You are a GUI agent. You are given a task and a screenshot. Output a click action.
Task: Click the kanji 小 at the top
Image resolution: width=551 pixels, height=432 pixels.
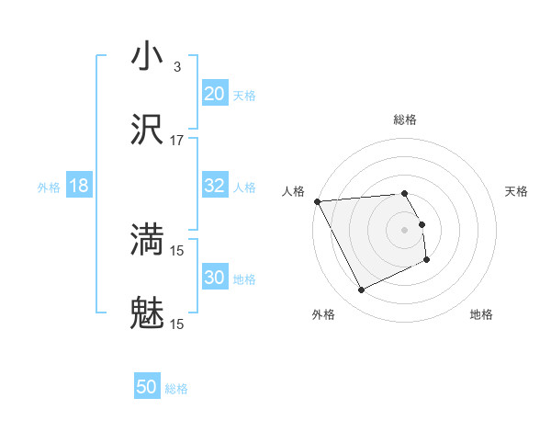click(148, 57)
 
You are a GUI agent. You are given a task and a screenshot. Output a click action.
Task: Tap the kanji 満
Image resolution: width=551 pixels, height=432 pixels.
click(148, 239)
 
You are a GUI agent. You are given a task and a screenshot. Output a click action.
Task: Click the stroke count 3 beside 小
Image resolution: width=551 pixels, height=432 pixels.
click(176, 67)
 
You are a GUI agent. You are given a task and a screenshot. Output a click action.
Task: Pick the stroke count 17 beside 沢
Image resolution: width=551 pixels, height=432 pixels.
click(177, 141)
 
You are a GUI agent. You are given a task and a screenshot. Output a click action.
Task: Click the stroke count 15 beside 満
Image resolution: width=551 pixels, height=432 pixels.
click(177, 249)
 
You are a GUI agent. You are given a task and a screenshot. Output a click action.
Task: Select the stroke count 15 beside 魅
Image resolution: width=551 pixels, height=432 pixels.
click(177, 324)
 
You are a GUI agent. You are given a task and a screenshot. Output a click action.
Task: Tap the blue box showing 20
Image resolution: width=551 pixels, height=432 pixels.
click(214, 94)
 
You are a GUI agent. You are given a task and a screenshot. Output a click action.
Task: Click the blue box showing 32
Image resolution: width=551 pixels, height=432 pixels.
click(214, 186)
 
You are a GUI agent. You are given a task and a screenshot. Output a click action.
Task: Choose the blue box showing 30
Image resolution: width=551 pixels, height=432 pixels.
click(214, 278)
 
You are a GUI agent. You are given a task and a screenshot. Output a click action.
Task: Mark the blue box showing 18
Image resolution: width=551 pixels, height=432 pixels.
click(79, 186)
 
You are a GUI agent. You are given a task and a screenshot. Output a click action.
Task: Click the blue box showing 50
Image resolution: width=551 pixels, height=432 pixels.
click(147, 387)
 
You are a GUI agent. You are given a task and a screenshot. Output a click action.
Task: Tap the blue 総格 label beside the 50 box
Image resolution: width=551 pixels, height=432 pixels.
click(176, 389)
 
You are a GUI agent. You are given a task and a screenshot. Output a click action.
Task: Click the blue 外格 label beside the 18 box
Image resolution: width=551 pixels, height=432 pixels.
click(49, 188)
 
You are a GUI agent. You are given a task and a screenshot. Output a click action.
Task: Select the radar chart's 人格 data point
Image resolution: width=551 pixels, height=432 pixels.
click(317, 201)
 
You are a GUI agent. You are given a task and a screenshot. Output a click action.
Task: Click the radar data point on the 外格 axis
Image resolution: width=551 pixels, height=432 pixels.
click(361, 290)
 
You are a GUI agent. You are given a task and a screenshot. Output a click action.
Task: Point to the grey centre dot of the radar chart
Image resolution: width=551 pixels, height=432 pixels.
click(405, 229)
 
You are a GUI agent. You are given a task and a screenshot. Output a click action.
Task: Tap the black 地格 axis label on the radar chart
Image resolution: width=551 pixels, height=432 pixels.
click(481, 314)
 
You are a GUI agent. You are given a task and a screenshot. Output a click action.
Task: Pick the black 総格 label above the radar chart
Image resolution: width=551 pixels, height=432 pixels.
click(405, 119)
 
